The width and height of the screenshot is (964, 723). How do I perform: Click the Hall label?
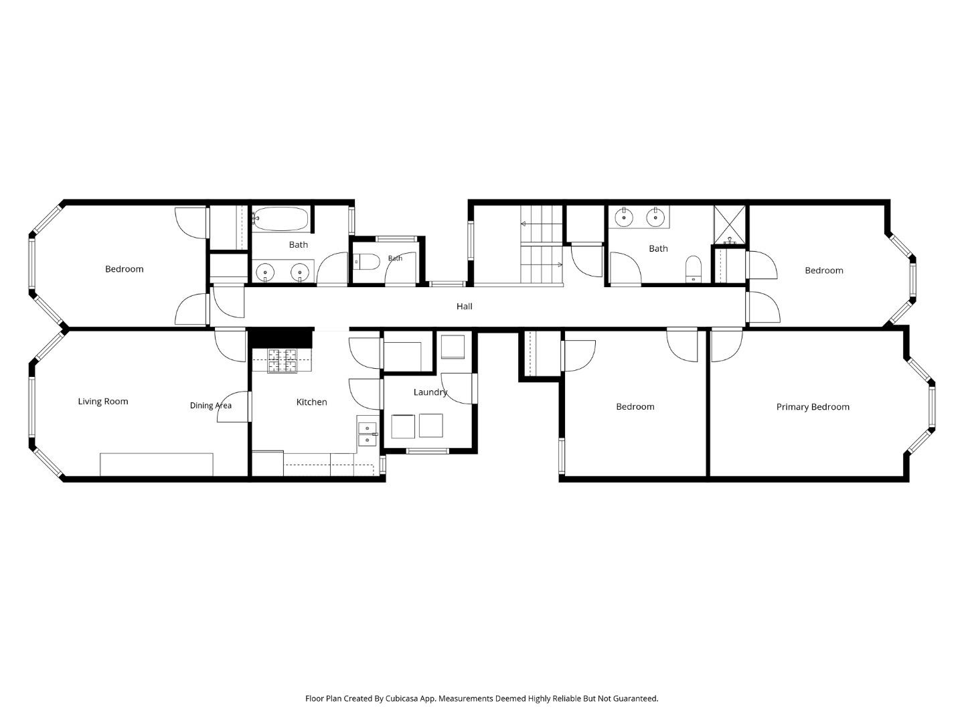464,307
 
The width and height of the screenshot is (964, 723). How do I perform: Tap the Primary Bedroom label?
813,407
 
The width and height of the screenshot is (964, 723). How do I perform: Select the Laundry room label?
430,392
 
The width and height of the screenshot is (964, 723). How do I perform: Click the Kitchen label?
311,402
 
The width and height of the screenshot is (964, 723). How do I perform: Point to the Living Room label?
103,402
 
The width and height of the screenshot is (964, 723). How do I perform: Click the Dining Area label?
210,406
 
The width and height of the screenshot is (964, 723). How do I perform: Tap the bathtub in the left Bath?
281,219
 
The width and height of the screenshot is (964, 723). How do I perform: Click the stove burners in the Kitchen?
283,361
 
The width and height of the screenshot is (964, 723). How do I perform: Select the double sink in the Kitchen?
367,434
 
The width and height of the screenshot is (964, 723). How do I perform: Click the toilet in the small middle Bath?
367,262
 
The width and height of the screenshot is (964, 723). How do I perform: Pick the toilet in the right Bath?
694,268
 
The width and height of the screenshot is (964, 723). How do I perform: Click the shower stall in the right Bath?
730,224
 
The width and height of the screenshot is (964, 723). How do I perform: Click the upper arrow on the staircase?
541,224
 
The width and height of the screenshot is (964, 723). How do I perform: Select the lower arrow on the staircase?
542,264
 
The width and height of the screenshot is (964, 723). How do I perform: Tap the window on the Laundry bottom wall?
427,451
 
